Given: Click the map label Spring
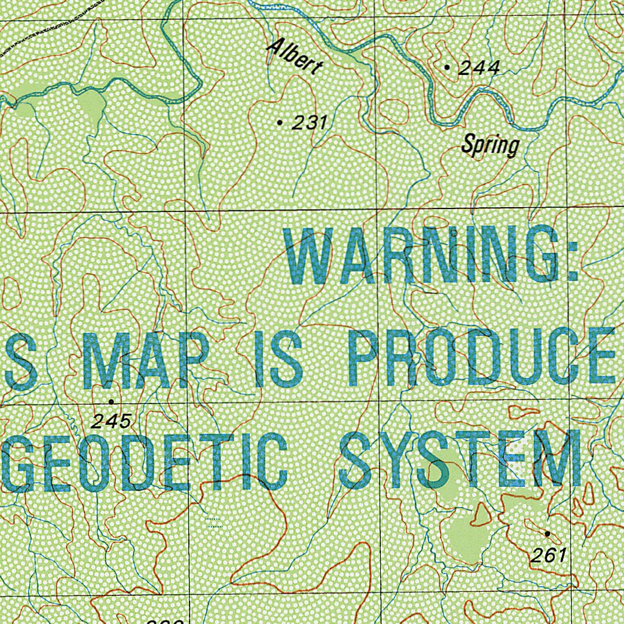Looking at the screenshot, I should [490, 146].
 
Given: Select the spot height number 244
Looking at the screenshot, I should [479, 68].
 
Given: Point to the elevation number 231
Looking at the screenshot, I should [310, 123].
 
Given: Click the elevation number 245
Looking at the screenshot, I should [112, 420].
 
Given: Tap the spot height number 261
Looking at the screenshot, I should [548, 555].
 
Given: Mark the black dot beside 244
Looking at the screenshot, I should [448, 67].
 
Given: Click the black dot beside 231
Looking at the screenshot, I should [280, 122].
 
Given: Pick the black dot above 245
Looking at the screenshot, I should [111, 402].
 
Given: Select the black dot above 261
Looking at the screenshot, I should [547, 534].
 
